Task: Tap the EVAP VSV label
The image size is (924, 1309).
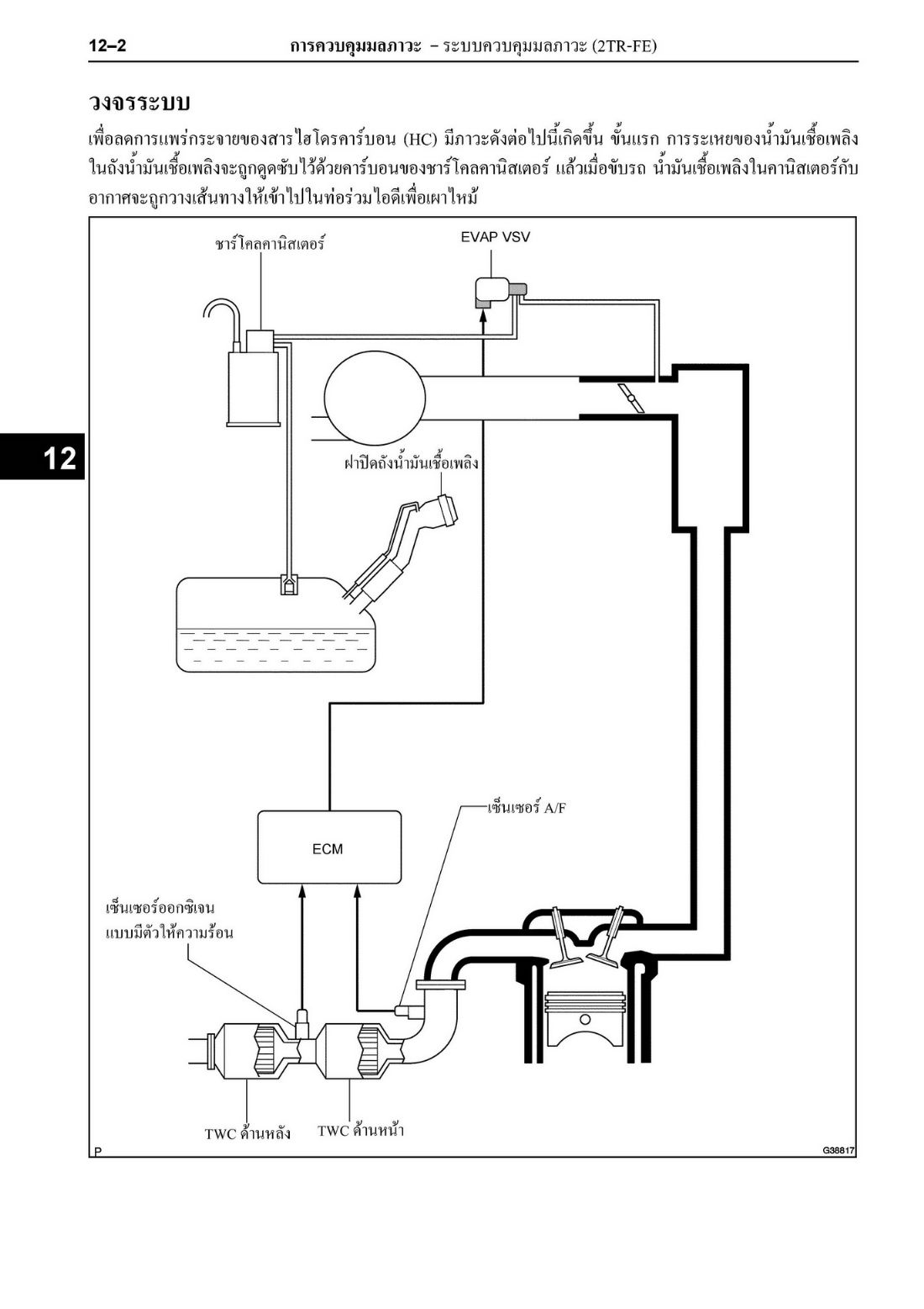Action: tap(495, 238)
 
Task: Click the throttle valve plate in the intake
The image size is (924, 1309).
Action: tap(632, 399)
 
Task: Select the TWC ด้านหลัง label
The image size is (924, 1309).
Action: tap(248, 1133)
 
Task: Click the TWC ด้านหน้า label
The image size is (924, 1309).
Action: tap(360, 1130)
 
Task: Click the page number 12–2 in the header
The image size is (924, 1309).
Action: tap(108, 46)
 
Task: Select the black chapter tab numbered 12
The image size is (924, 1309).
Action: tap(42, 457)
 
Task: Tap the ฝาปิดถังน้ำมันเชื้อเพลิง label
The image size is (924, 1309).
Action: tap(411, 463)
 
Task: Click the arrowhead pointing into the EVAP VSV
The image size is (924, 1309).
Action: tap(483, 315)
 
